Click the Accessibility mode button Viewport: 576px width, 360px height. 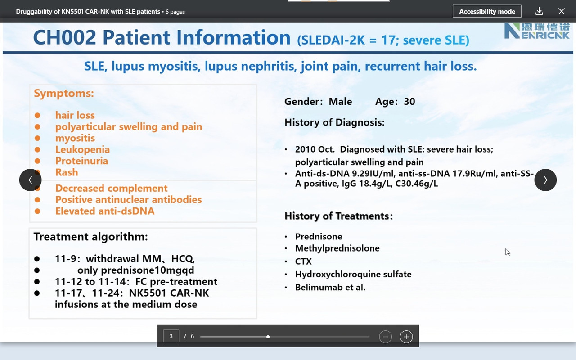click(x=487, y=11)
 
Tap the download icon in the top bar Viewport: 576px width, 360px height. click(x=539, y=11)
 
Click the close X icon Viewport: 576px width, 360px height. click(x=562, y=11)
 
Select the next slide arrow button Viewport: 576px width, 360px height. click(x=545, y=180)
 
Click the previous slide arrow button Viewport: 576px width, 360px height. click(x=30, y=180)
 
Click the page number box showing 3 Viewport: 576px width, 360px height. click(x=171, y=336)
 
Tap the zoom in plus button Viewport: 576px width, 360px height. click(x=406, y=337)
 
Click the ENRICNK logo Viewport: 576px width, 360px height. click(x=537, y=31)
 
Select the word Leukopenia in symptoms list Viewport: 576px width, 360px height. click(x=82, y=149)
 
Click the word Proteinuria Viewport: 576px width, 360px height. click(x=82, y=161)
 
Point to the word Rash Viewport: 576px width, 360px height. click(x=67, y=172)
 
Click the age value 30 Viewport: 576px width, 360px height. click(x=409, y=102)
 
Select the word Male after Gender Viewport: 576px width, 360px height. click(x=340, y=102)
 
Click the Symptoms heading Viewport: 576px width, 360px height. click(x=64, y=93)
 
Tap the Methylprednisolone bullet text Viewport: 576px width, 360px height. click(x=337, y=248)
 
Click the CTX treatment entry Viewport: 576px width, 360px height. click(x=303, y=261)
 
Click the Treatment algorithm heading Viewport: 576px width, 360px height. click(x=91, y=237)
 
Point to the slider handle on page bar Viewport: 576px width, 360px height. click(x=268, y=337)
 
